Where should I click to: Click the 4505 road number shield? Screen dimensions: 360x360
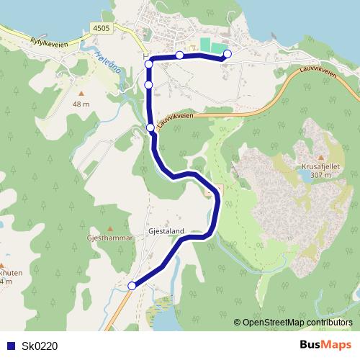tap(102, 28)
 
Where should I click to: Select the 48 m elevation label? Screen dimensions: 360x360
tap(81, 104)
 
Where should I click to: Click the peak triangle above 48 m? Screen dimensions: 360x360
tap(81, 93)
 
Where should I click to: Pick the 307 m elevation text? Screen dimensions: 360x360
tap(318, 174)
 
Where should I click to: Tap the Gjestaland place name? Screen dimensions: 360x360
tap(166, 231)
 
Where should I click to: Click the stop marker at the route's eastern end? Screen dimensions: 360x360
tap(228, 54)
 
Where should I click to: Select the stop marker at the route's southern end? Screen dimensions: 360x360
tap(132, 287)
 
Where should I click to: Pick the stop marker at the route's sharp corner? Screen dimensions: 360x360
tap(149, 64)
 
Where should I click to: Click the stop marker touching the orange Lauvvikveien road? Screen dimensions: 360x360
tap(150, 127)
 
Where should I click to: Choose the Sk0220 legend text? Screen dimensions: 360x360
tap(40, 346)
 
